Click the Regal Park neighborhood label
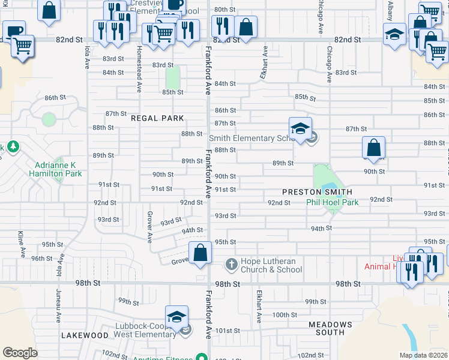point(157,118)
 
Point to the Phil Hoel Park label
point(332,202)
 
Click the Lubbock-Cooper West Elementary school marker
point(176,317)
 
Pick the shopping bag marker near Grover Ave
point(200,253)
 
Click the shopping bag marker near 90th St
point(373,148)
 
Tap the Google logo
point(20,353)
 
